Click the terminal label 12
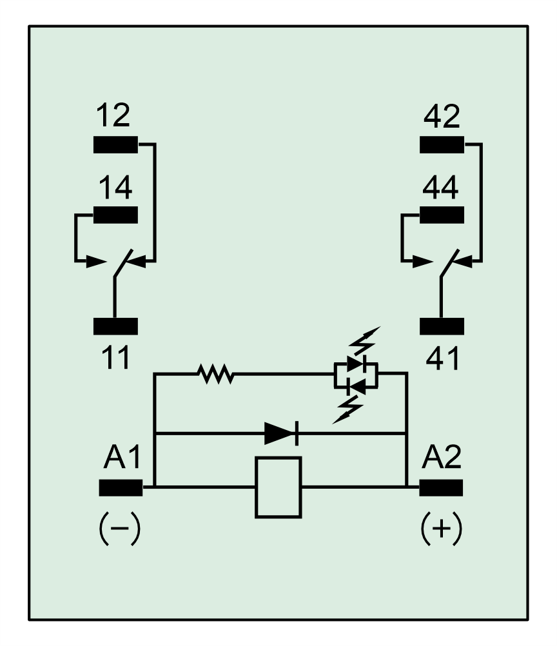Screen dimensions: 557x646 pyautogui.click(x=113, y=115)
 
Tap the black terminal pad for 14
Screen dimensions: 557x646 pyautogui.click(x=115, y=215)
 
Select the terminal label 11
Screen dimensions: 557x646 pyautogui.click(x=116, y=358)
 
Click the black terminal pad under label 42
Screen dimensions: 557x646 pyautogui.click(x=442, y=144)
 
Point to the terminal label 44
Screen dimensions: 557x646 pyautogui.click(x=440, y=188)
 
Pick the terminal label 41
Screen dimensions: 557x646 pyautogui.click(x=442, y=358)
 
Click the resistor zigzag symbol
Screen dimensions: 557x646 pyautogui.click(x=215, y=373)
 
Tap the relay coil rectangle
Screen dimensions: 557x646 pyautogui.click(x=278, y=487)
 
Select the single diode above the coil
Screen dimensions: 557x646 pyautogui.click(x=281, y=433)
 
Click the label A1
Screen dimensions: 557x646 pyautogui.click(x=122, y=457)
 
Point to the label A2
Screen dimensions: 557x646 pyautogui.click(x=441, y=457)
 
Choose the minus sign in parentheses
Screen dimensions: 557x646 pyautogui.click(x=120, y=529)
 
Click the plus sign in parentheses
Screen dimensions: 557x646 pyautogui.click(x=442, y=529)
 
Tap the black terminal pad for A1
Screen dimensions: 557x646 pyautogui.click(x=121, y=488)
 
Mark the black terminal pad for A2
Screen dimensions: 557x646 pyautogui.click(x=441, y=488)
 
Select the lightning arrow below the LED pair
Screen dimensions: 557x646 pyautogui.click(x=348, y=409)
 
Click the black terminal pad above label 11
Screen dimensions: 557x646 pyautogui.click(x=115, y=326)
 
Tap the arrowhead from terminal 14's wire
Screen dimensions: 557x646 pyautogui.click(x=97, y=262)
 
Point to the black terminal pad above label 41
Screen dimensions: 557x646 pyautogui.click(x=442, y=326)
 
